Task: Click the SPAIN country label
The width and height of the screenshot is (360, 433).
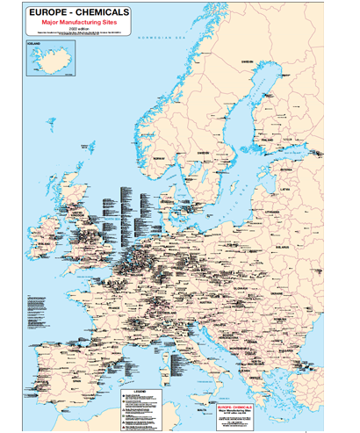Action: pos(61,351)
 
